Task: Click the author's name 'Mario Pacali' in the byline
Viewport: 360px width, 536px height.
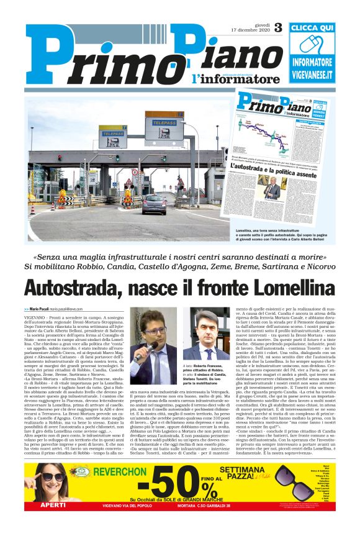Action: (39, 309)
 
